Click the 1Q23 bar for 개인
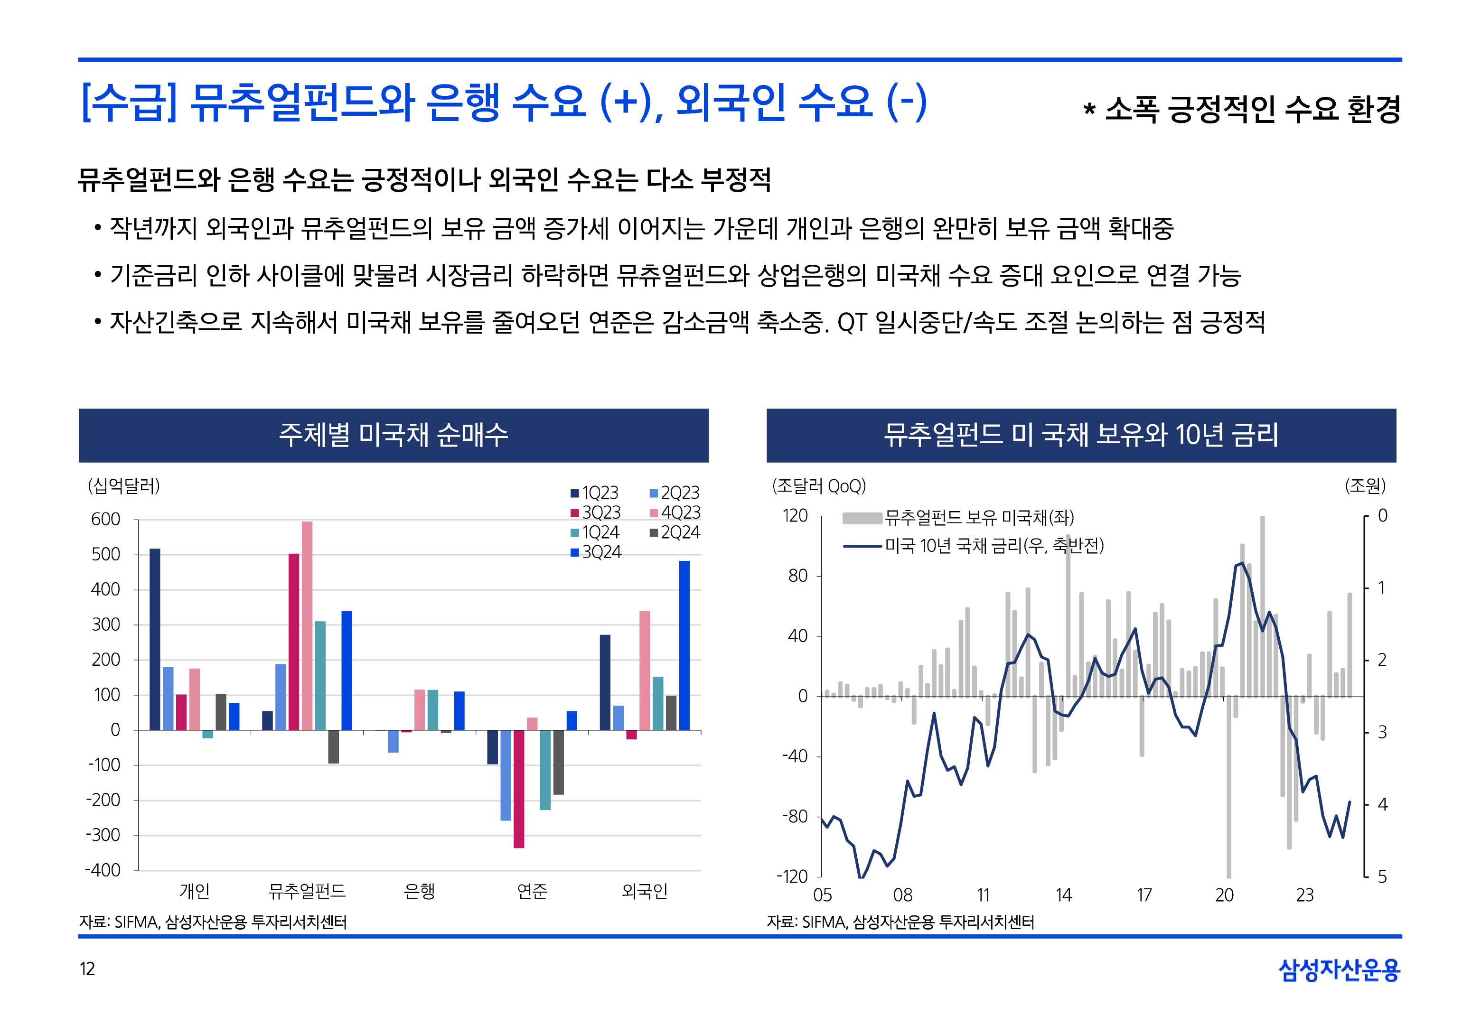[155, 639]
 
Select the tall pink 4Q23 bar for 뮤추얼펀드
[307, 625]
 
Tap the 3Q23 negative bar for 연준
[519, 789]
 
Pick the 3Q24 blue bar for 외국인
[684, 645]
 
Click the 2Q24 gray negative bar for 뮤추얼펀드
[333, 746]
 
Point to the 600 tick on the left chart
[105, 519]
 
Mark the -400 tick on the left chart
[103, 870]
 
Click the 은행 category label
[420, 891]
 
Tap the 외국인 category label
[645, 891]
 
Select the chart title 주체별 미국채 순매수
[394, 435]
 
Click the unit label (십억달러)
[124, 485]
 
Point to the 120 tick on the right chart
[795, 516]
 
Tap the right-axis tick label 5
[1382, 876]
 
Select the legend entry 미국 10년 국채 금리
[974, 546]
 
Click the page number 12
[87, 969]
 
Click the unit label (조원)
[1365, 485]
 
